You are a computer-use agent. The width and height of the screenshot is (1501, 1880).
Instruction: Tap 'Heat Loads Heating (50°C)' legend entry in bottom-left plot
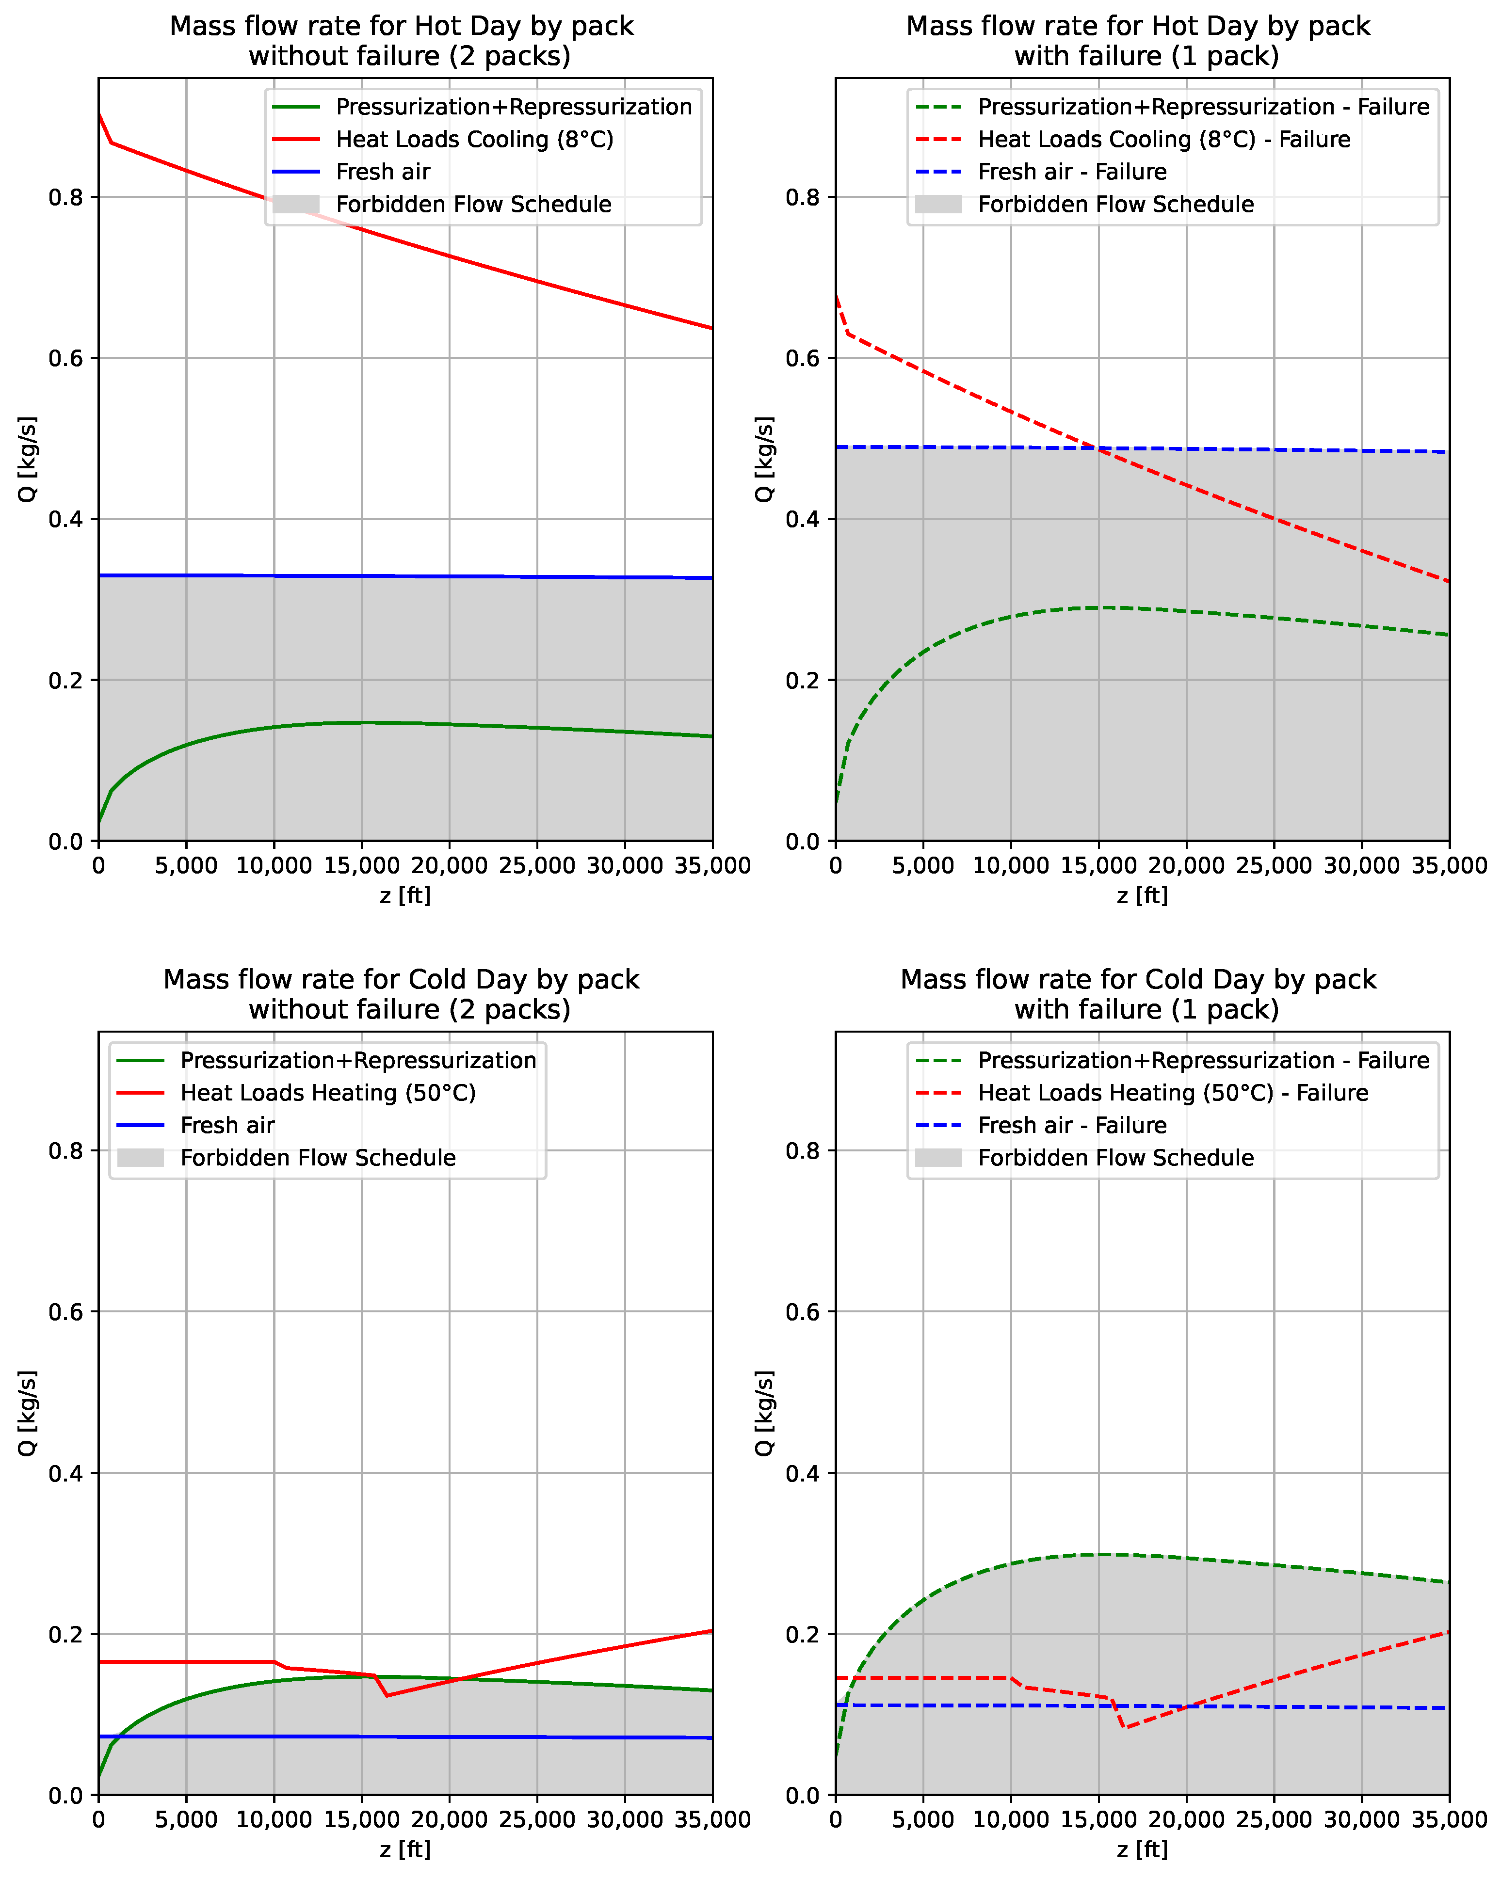[328, 1093]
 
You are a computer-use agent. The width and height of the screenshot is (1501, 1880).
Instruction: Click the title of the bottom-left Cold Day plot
[401, 994]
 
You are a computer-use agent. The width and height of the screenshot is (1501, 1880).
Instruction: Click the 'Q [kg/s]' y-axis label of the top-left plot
[28, 460]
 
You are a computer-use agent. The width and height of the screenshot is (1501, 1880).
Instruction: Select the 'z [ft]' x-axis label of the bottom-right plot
[1142, 1848]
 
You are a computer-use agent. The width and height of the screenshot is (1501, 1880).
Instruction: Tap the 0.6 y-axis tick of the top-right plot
[803, 358]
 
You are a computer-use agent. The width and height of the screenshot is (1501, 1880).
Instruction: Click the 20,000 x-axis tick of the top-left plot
[449, 866]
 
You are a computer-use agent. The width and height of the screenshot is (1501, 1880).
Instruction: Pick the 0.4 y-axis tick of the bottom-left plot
[66, 1474]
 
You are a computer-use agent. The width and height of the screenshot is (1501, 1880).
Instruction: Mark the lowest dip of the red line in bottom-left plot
[387, 1695]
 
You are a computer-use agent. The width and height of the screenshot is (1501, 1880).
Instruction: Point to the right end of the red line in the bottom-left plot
[711, 1631]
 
